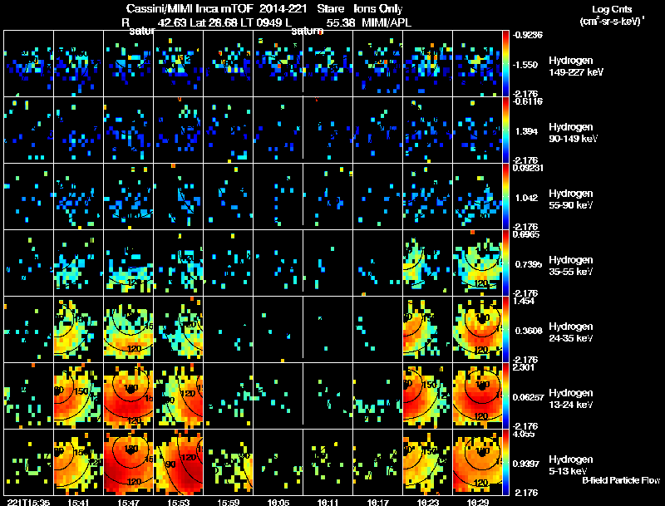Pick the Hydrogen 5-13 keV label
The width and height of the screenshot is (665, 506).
569,464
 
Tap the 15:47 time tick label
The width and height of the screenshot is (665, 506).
128,502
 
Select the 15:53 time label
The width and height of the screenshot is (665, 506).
179,502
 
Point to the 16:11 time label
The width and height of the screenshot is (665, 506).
328,502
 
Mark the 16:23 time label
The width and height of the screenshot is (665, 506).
428,502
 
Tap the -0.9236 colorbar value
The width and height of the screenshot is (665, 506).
527,35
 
